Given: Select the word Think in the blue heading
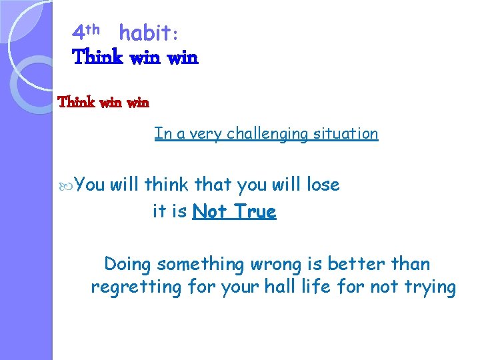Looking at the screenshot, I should pyautogui.click(x=97, y=57).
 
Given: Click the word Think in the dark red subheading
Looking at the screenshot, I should pyautogui.click(x=77, y=103).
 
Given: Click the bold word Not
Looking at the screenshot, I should pyautogui.click(x=209, y=212).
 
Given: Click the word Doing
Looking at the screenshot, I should pyautogui.click(x=128, y=265).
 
